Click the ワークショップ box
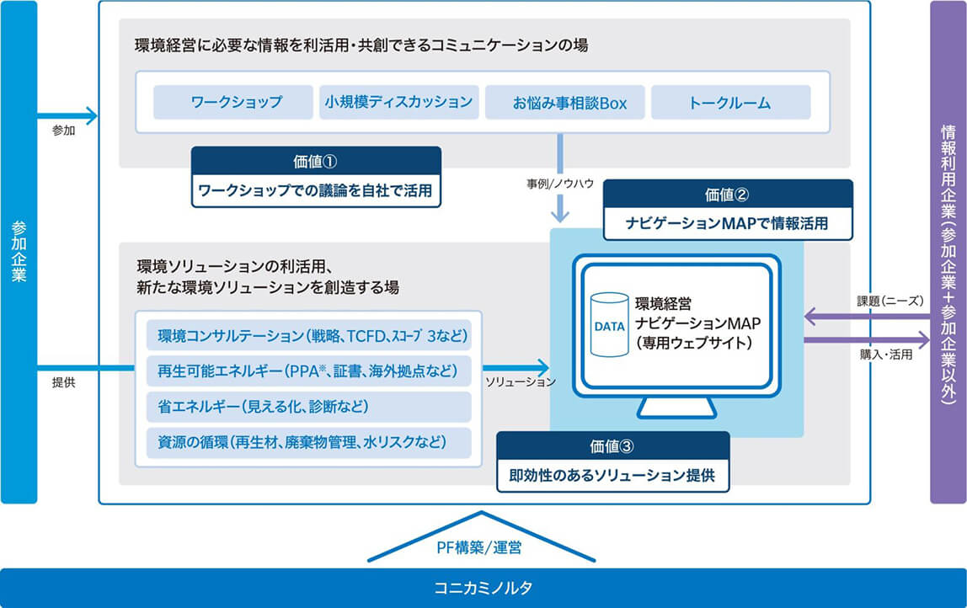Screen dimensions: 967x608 point(233,103)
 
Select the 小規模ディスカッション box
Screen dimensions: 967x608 point(399,103)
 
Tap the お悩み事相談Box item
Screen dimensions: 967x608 point(565,103)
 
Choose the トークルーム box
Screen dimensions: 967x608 point(731,103)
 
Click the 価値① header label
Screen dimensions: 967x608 point(316,162)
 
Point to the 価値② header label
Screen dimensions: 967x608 point(728,195)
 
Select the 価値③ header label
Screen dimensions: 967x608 point(612,445)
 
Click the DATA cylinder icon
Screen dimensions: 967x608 point(609,325)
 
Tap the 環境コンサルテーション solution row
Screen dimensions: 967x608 point(309,335)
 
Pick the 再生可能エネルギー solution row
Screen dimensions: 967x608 point(309,371)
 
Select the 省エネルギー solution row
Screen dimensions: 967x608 point(309,407)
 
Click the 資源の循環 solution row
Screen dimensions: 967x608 point(309,443)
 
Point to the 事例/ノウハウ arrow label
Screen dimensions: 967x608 point(560,184)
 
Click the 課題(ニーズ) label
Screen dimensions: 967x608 point(890,301)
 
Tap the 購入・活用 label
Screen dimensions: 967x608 point(886,355)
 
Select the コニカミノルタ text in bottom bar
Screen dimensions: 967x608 point(483,588)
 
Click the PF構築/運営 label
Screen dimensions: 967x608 point(479,547)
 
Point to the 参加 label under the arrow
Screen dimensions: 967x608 point(63,131)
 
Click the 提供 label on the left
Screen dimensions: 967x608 point(63,382)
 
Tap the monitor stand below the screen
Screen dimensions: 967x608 point(676,408)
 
